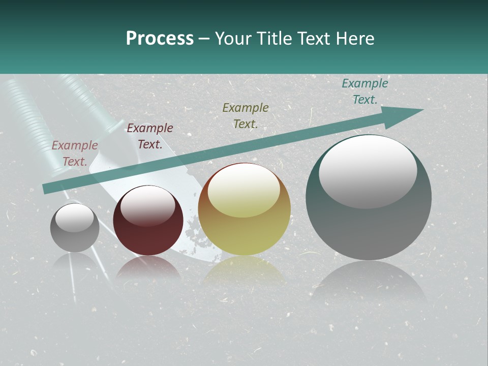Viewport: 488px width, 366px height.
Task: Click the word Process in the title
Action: point(160,39)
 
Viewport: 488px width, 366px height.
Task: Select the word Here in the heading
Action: point(354,39)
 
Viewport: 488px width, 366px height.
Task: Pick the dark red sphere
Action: point(148,224)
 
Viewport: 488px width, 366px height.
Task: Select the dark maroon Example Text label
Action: point(150,136)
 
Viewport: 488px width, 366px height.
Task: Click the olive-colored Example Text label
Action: point(246,116)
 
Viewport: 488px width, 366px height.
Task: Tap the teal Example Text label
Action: point(364,91)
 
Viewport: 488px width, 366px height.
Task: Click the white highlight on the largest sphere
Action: point(368,170)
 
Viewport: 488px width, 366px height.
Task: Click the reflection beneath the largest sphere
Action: point(369,282)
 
